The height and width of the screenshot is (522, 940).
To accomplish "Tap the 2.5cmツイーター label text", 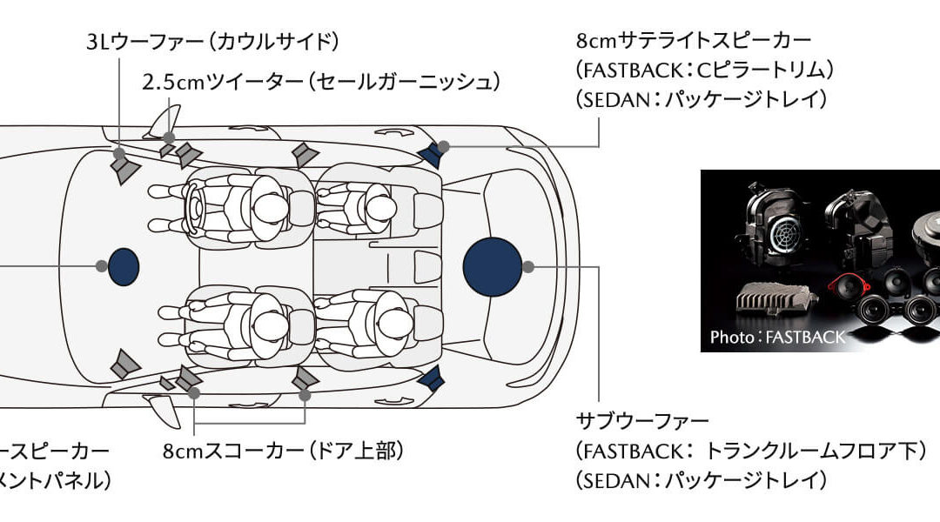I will tap(321, 82).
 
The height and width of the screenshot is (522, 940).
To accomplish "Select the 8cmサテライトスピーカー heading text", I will tap(694, 41).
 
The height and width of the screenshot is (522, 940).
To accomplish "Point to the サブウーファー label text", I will tap(642, 422).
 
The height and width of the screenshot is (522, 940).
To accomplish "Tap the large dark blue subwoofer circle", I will tap(492, 265).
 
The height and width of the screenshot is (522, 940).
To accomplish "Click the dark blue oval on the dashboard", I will tap(124, 266).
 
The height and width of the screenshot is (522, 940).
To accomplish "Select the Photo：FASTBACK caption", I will tap(777, 338).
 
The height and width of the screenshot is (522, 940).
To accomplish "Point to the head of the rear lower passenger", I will tap(376, 324).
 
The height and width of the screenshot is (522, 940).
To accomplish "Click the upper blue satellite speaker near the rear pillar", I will tap(431, 155).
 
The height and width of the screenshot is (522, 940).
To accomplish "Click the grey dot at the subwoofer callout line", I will tap(528, 265).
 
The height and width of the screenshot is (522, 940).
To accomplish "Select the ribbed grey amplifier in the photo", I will tap(774, 304).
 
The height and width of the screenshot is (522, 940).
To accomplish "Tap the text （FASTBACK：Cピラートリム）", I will tap(705, 70).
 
